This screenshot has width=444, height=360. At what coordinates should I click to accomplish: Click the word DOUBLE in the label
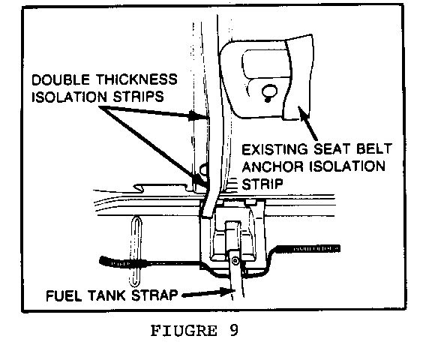click(61, 79)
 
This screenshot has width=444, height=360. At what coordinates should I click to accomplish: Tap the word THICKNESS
click(136, 79)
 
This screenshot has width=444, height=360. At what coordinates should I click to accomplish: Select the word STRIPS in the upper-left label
click(139, 97)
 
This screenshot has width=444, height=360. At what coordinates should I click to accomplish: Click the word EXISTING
click(274, 149)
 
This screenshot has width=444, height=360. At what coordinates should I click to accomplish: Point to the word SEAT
click(331, 149)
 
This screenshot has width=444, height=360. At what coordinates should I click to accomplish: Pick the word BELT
click(374, 148)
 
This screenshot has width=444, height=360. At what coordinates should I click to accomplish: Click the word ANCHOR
click(272, 166)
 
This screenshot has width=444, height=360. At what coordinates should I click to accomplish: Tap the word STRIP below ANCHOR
click(262, 184)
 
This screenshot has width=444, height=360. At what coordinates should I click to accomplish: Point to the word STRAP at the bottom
click(154, 295)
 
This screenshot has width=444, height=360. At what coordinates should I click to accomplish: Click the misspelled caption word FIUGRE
click(184, 331)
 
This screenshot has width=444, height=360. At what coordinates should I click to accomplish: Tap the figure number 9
click(234, 330)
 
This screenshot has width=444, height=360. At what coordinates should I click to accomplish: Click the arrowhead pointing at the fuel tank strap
click(228, 292)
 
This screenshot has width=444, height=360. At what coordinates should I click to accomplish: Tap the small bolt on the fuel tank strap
click(235, 260)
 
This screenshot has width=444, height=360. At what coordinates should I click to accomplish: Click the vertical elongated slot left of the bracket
click(136, 251)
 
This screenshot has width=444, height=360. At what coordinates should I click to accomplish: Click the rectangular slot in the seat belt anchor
click(265, 64)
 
